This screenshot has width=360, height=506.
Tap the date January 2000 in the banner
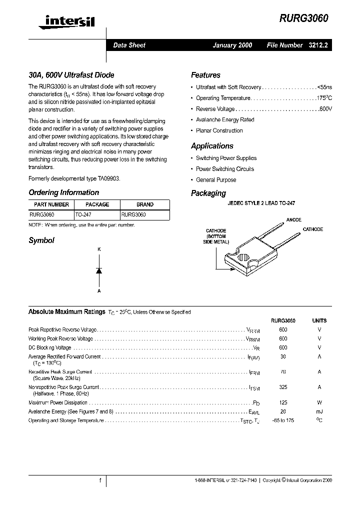232,45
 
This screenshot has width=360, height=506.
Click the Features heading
205,75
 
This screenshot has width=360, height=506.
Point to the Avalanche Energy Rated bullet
225,120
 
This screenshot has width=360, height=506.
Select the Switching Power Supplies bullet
226,158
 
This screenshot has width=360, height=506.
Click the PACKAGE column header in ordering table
97,204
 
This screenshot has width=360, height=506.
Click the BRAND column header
145,204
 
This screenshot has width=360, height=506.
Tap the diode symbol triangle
99,270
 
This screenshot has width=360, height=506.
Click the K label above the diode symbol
99,249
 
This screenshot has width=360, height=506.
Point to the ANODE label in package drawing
293,219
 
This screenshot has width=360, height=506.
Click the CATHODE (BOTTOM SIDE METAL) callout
216,236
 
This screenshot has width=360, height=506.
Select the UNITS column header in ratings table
319,320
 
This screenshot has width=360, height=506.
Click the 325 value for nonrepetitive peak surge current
283,387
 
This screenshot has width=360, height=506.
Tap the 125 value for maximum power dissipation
283,402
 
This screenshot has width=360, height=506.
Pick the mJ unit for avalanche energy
319,411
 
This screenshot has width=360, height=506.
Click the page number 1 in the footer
100,480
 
